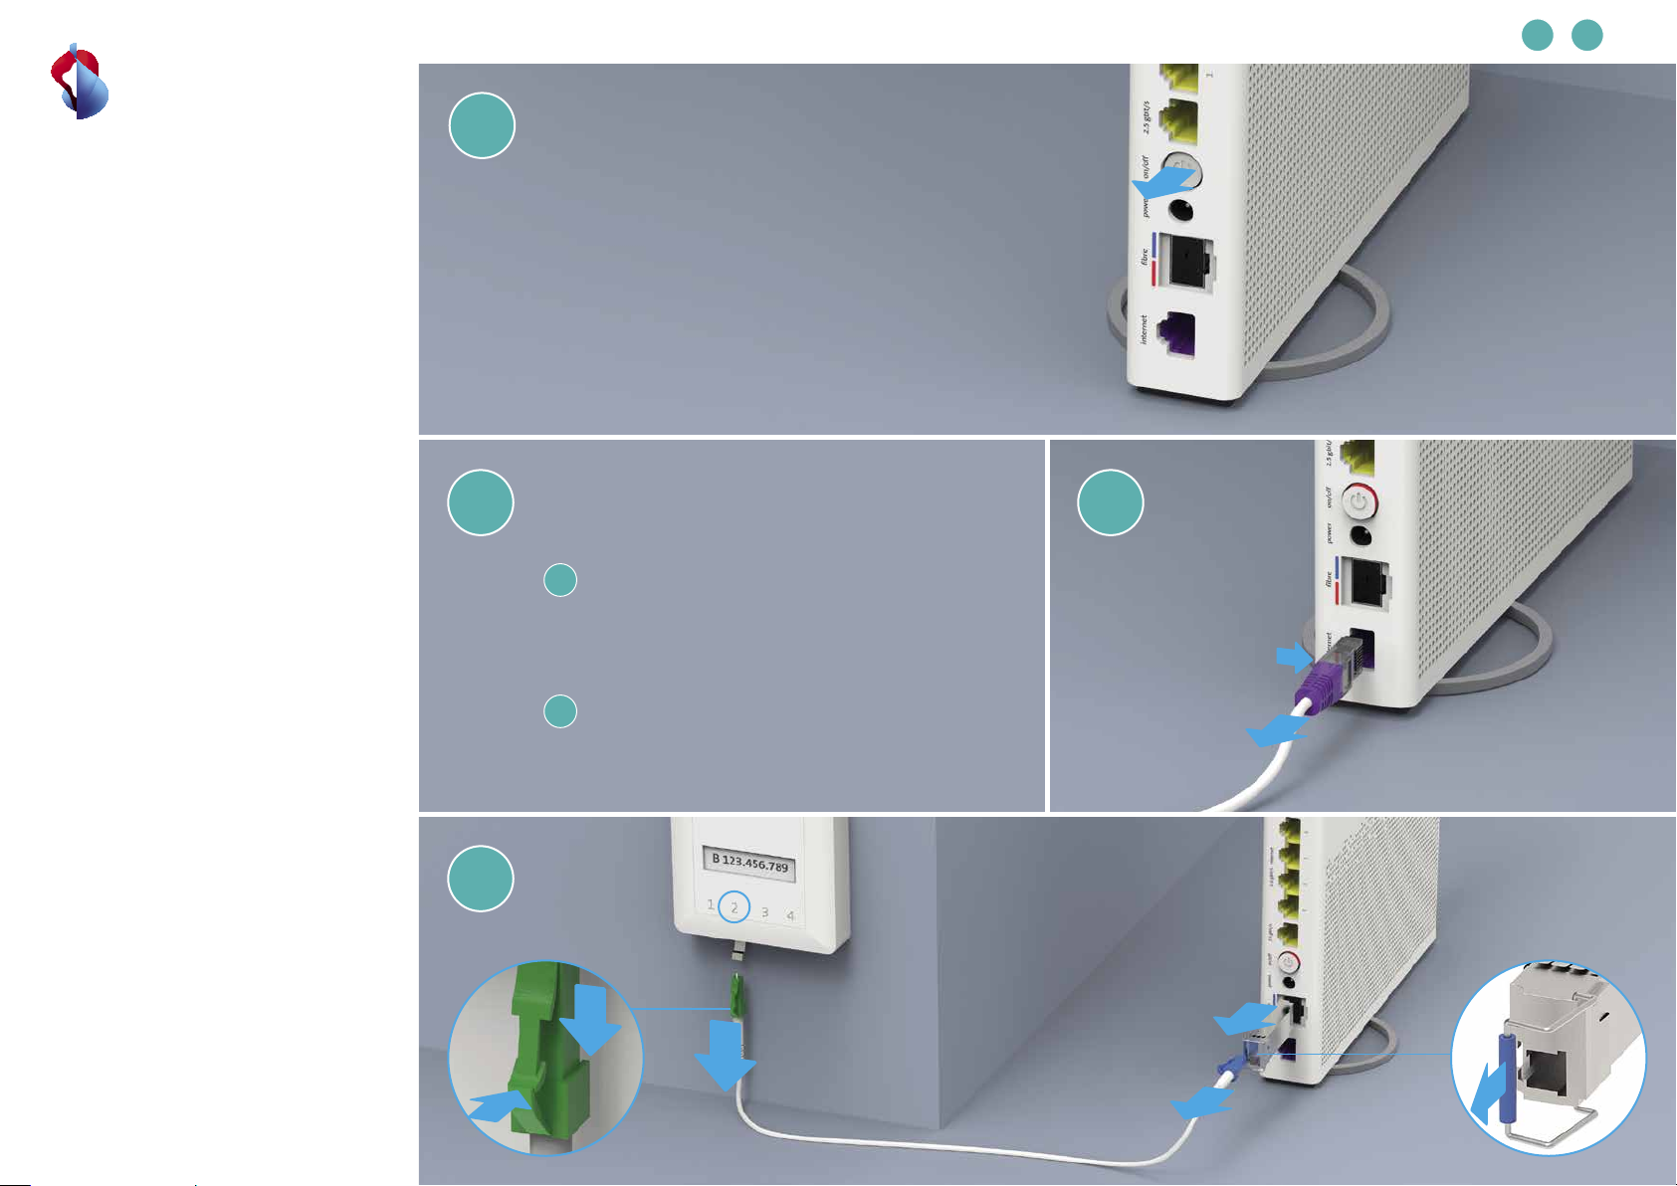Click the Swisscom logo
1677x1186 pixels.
coord(80,83)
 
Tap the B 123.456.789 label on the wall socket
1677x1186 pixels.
coord(750,862)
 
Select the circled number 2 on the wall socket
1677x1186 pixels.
coord(734,907)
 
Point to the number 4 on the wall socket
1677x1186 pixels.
coord(790,915)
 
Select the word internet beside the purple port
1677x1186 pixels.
coord(1145,329)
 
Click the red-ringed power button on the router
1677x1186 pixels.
coord(1359,502)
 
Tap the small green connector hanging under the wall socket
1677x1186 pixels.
coord(736,996)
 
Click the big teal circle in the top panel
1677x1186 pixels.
coord(482,126)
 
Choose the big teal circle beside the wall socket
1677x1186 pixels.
coord(481,879)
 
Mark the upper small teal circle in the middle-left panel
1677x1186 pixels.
coord(560,580)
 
